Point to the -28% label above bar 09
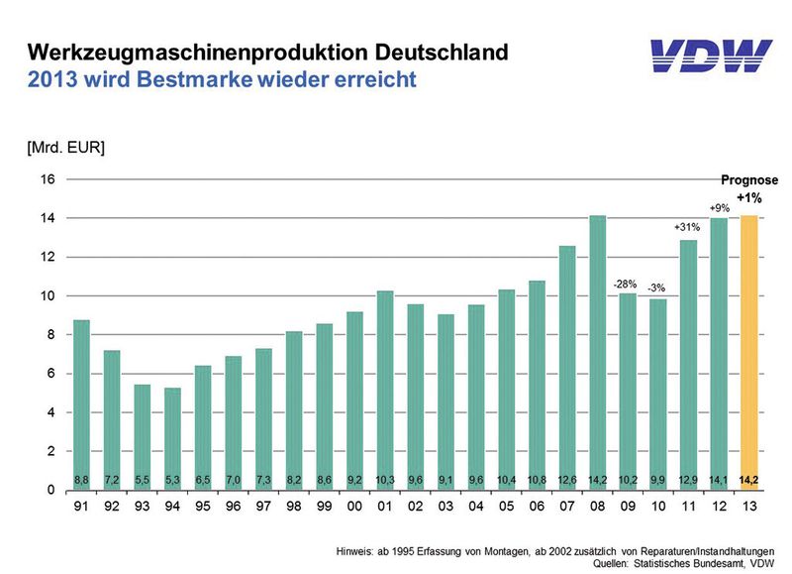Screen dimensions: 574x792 click(x=628, y=285)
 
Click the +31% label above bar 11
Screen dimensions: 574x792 click(x=689, y=228)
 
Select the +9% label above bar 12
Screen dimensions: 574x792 click(x=720, y=207)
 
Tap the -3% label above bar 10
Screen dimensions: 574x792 click(x=658, y=288)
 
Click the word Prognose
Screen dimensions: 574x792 click(x=748, y=180)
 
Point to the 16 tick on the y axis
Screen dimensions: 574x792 click(x=46, y=179)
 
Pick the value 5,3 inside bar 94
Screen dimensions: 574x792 click(x=172, y=480)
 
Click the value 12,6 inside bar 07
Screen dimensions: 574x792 click(x=567, y=480)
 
